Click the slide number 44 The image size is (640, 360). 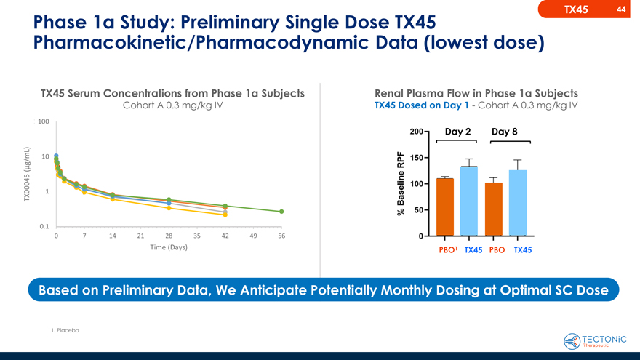point(620,9)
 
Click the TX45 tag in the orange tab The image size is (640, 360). point(575,9)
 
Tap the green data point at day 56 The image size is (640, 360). point(281,212)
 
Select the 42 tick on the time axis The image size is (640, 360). point(225,236)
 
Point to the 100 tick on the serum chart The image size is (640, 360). point(44,121)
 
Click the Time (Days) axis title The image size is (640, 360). point(169,247)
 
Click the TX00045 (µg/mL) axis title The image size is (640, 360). point(27,175)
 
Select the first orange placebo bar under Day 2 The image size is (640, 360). point(445,207)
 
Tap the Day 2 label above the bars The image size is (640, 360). point(457,132)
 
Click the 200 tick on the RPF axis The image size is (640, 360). point(416,132)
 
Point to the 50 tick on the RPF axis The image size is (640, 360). point(419,210)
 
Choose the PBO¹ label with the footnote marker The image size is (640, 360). point(447,250)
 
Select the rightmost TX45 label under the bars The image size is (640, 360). point(522,250)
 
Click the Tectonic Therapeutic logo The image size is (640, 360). point(595,340)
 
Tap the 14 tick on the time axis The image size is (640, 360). point(112,236)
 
